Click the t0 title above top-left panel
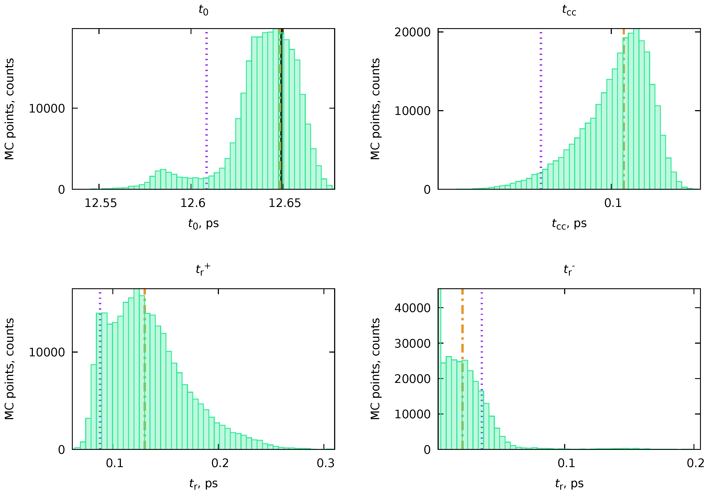[x=203, y=10]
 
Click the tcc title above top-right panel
[x=569, y=10]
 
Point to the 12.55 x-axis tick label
[x=101, y=203]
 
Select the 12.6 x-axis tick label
[x=193, y=203]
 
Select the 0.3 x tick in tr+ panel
[x=325, y=463]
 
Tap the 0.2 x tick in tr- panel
[x=695, y=463]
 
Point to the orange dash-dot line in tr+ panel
[x=144, y=370]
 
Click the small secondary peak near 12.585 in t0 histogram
[x=163, y=179]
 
